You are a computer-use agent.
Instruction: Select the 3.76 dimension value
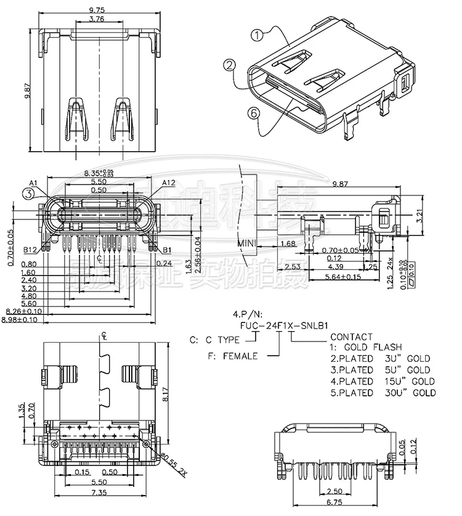click(x=96, y=20)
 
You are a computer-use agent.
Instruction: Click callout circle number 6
click(x=252, y=112)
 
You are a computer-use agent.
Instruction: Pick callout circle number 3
click(x=28, y=194)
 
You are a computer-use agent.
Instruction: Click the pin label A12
click(x=170, y=182)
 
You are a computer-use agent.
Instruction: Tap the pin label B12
click(x=31, y=250)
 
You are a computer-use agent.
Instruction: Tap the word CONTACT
click(x=352, y=337)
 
